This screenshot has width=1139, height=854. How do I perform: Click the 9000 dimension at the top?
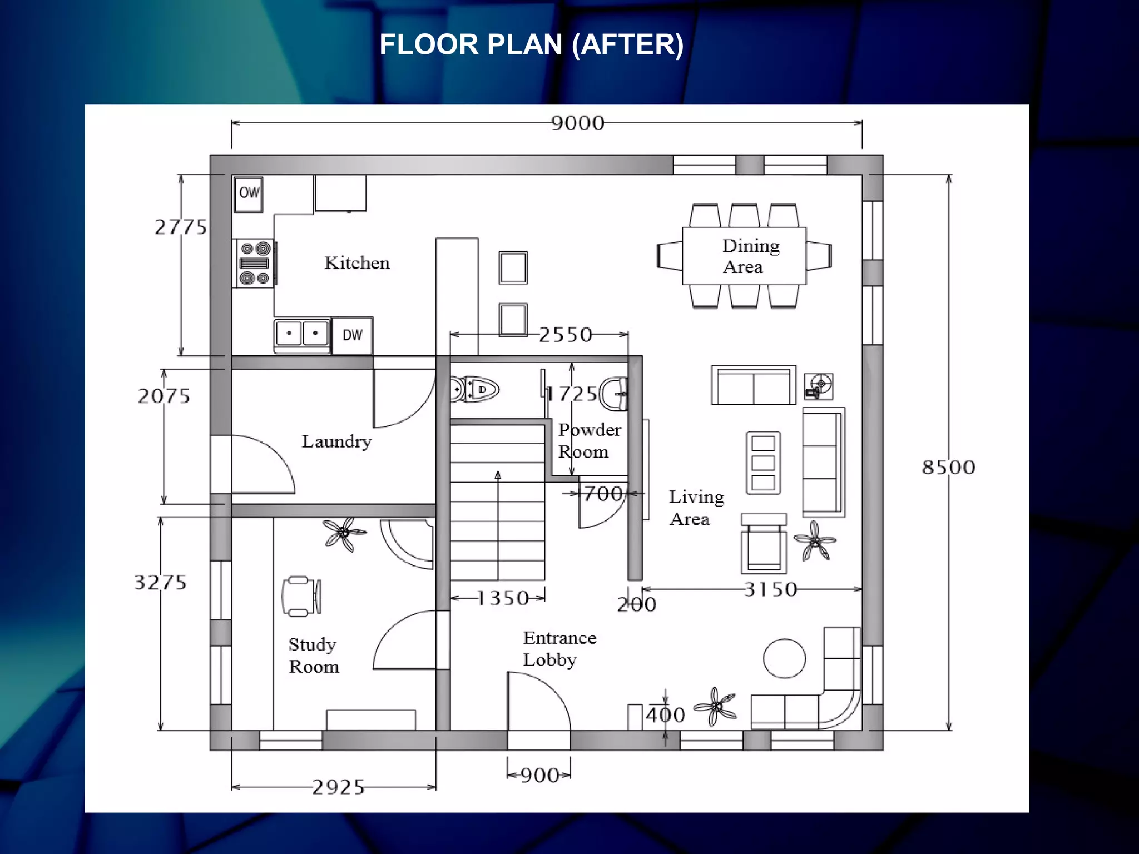click(577, 123)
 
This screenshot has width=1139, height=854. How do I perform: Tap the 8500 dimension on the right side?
click(948, 467)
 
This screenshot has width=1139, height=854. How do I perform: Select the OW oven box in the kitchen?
click(249, 194)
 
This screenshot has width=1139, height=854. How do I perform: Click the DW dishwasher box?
click(352, 335)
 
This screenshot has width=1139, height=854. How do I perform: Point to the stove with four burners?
click(254, 263)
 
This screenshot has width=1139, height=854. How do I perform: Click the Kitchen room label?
click(357, 263)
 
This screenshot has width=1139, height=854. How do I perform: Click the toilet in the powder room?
click(475, 389)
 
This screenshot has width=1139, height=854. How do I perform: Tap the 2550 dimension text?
click(565, 335)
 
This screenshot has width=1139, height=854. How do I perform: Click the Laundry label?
click(336, 441)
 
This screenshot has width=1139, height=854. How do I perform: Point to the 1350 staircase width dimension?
click(502, 598)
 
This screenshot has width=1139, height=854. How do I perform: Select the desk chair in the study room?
click(300, 597)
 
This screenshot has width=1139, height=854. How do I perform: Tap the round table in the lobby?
click(784, 658)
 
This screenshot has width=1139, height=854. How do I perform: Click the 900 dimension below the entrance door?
click(539, 775)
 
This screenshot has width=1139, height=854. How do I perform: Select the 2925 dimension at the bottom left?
click(338, 787)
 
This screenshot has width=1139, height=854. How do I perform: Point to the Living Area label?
click(695, 508)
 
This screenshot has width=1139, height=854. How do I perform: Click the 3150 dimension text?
click(770, 589)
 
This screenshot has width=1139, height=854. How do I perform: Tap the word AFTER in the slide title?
click(628, 44)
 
